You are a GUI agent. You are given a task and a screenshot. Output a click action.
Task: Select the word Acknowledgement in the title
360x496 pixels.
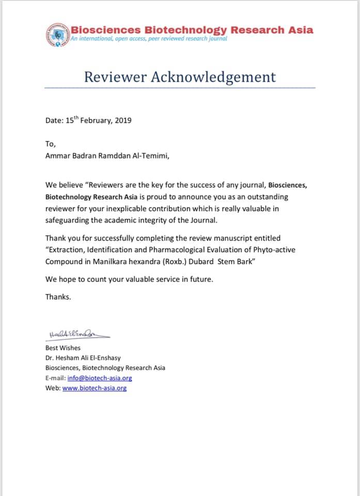tap(213, 78)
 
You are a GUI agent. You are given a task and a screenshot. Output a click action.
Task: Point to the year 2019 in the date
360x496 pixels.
tap(122, 121)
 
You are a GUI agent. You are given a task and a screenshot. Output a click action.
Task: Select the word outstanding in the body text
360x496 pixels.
tap(264, 197)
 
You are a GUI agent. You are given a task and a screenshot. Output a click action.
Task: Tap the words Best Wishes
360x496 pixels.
tap(63, 348)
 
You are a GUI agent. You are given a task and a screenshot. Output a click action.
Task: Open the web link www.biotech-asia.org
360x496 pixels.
tap(95, 388)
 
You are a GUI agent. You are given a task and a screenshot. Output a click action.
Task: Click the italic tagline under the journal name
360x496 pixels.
tap(149, 39)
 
